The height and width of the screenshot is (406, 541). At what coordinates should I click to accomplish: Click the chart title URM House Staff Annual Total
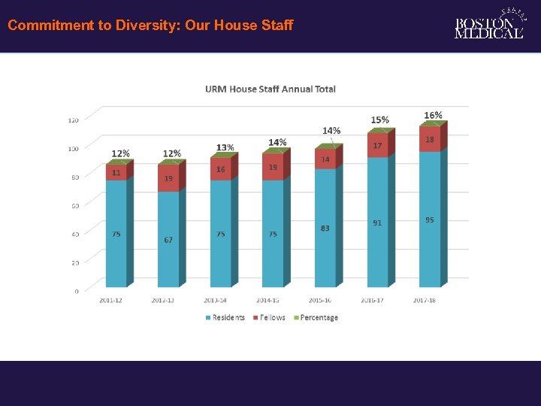click(270, 89)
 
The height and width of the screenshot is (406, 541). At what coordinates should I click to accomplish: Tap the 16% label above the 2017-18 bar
click(433, 115)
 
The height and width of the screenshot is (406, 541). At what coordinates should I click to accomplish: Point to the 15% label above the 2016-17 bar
click(380, 120)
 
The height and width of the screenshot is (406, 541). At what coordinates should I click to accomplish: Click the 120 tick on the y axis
click(74, 120)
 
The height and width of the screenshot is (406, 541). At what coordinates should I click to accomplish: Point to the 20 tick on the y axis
click(74, 262)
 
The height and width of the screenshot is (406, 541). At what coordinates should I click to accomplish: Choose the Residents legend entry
click(225, 317)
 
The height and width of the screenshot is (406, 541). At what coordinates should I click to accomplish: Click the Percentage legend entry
click(316, 317)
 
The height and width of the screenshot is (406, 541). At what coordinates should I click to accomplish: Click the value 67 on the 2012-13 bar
click(168, 240)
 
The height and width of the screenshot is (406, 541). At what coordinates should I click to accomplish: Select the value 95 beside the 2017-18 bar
click(429, 220)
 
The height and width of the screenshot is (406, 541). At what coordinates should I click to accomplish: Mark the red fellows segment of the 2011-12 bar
click(116, 172)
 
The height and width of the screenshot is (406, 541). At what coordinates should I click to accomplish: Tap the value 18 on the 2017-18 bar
click(430, 139)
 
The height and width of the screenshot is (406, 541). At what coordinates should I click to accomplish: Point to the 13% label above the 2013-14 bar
click(225, 147)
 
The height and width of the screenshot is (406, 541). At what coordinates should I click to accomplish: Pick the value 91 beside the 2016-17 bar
click(376, 223)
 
